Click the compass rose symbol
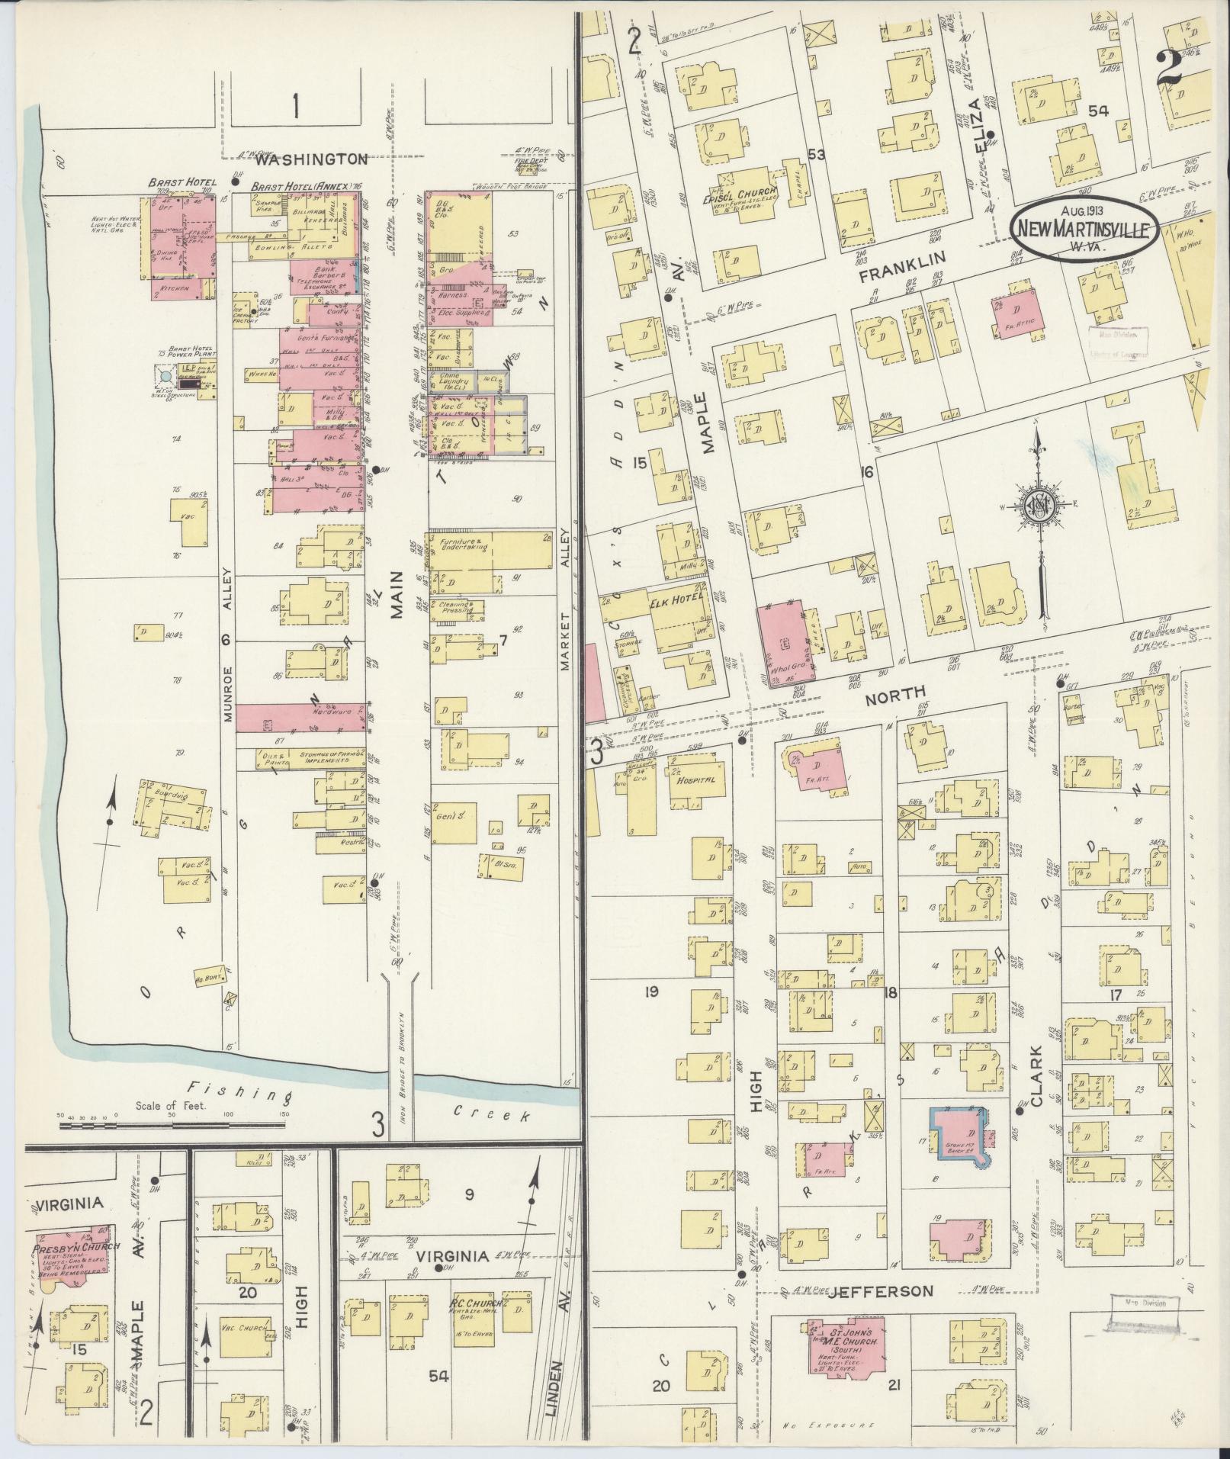point(1040,504)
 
